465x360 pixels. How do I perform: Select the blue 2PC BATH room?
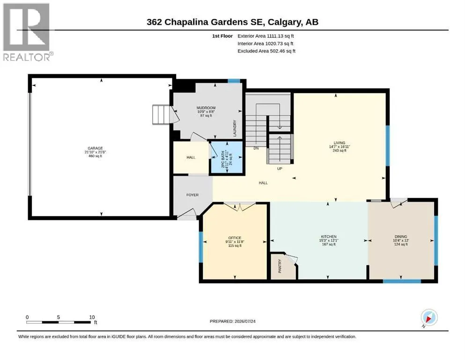(x=227, y=157)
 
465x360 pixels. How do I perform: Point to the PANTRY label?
(x=280, y=266)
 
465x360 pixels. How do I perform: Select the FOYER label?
(x=192, y=195)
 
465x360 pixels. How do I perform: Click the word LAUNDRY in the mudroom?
(x=235, y=128)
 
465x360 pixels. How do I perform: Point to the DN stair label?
(x=256, y=148)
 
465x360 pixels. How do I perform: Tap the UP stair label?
(x=280, y=169)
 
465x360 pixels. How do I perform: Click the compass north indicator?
(x=429, y=318)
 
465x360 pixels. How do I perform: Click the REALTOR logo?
(x=27, y=32)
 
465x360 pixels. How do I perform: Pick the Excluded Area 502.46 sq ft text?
(x=266, y=51)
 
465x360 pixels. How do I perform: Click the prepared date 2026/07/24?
(x=245, y=321)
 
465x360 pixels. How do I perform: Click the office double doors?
(x=239, y=206)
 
